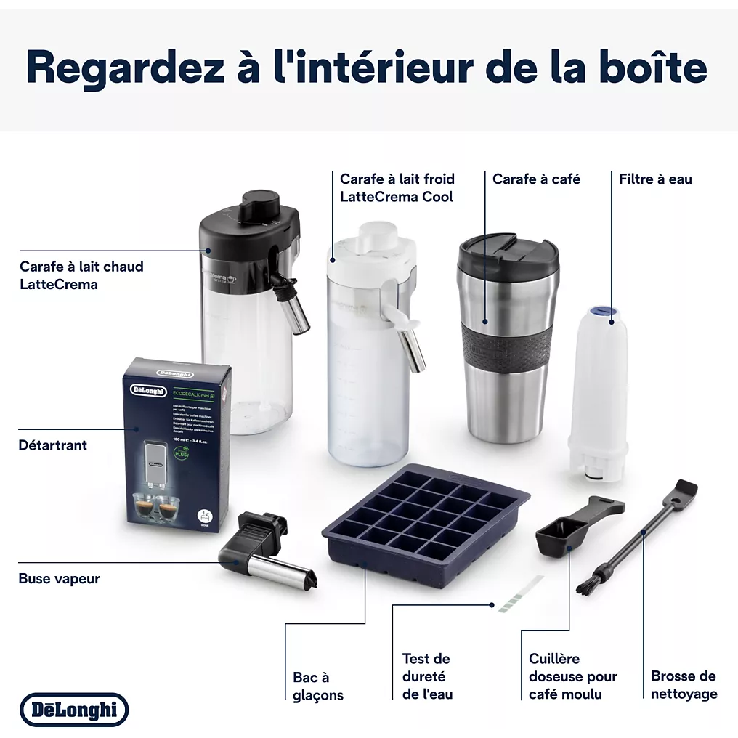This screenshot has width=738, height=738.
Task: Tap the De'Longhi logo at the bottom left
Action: (x=73, y=710)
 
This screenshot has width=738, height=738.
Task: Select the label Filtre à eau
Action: (x=655, y=179)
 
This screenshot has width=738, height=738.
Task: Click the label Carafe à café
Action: (x=536, y=179)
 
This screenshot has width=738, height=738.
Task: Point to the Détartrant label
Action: (x=52, y=445)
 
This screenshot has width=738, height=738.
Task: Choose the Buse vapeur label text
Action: (x=59, y=579)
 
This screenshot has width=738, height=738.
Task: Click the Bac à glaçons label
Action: (x=318, y=686)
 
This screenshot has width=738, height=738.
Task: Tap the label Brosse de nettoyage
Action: (x=684, y=684)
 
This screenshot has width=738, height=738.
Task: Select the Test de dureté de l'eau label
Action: (x=427, y=676)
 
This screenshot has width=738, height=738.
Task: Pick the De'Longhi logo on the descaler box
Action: (x=147, y=390)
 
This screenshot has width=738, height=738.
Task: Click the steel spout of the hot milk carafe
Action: (x=294, y=323)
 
